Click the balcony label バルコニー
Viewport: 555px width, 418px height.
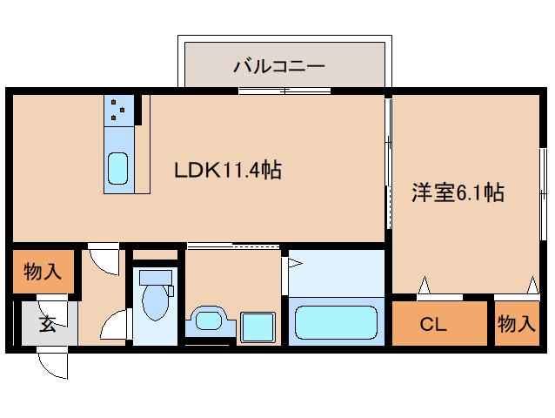coord(278,64)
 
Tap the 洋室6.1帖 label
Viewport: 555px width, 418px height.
coord(457,193)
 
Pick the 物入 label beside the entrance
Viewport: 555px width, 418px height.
coord(42,272)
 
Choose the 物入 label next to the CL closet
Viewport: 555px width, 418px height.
coord(516,325)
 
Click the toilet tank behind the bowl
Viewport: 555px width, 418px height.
coord(154,278)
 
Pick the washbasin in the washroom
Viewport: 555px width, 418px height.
coord(209,320)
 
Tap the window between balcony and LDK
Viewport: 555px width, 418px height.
coord(284,90)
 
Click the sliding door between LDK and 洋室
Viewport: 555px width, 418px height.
coord(388,165)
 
